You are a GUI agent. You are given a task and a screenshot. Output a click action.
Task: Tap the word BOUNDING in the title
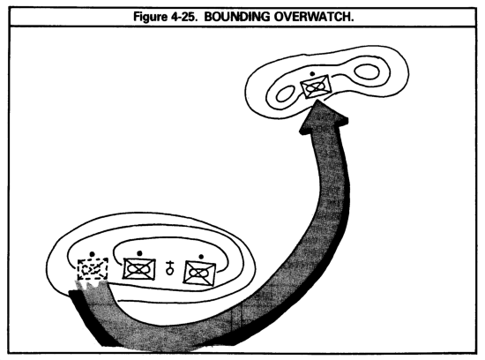coord(237,17)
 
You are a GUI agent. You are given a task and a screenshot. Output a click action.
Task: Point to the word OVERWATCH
coord(314,17)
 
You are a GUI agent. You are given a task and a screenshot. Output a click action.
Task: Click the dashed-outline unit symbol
coord(93,269)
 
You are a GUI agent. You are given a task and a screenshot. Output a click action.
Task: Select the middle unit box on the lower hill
coord(139,269)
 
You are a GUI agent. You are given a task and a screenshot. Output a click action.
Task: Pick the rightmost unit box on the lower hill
coord(199,273)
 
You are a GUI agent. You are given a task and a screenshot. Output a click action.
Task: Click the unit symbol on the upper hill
coord(316,86)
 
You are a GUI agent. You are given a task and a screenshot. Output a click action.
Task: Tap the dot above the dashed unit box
coord(92,254)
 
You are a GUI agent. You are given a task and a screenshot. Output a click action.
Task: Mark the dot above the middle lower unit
coord(139,253)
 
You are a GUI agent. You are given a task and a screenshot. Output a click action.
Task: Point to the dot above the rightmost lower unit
coord(201,257)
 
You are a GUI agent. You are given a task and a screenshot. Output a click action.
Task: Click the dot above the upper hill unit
coord(312,73)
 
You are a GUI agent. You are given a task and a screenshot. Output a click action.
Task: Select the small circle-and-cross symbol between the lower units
coord(169,267)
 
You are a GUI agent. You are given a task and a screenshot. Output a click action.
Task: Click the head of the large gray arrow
coord(324,117)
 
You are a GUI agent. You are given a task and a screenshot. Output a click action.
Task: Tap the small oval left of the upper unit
coord(286,94)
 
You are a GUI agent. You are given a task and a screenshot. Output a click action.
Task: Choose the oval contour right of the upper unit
coord(367,72)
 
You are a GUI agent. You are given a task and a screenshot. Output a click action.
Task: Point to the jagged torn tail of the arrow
coord(92,284)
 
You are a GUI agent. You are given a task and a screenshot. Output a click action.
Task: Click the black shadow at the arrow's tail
coord(90,318)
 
